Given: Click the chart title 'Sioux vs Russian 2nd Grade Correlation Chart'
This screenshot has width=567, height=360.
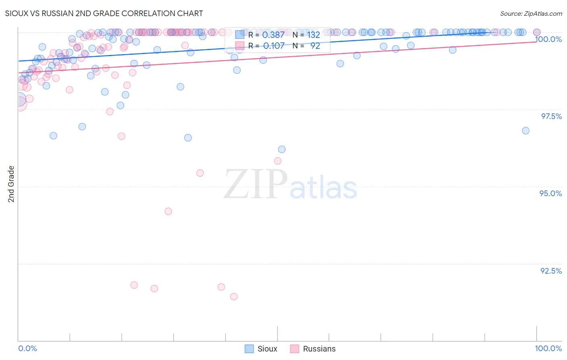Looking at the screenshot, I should tap(104, 13).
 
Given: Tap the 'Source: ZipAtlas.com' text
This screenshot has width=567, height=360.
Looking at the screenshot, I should tap(531, 13).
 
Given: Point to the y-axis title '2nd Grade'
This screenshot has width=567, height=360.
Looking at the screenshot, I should tap(11, 184).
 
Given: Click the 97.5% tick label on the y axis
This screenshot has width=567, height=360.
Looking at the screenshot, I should tap(551, 116).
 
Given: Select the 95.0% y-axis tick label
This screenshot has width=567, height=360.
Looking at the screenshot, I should tap(551, 193).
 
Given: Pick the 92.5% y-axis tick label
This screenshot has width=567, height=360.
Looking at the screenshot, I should tap(551, 271).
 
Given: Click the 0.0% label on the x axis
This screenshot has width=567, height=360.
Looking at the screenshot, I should tap(27, 348).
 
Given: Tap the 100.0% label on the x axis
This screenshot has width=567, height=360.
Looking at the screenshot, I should tap(548, 348).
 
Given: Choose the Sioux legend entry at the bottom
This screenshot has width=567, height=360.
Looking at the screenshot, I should tap(261, 349).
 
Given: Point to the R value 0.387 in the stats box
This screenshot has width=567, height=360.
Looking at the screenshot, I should tap(273, 35).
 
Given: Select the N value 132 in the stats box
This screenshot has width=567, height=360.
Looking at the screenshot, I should tap(314, 35).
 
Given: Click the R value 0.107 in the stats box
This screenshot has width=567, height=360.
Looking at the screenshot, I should tap(273, 46).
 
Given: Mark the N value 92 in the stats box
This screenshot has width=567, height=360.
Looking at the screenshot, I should tap(315, 46).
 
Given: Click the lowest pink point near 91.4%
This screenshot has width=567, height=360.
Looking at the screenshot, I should tap(233, 297).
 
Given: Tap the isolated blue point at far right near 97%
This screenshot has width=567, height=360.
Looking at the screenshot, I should tap(525, 131).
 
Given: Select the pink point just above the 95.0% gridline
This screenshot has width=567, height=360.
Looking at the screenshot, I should tap(200, 173).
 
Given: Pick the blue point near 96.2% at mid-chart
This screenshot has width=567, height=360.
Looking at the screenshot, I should tap(282, 149).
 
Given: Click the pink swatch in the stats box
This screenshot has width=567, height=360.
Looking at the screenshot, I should tap(240, 46).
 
